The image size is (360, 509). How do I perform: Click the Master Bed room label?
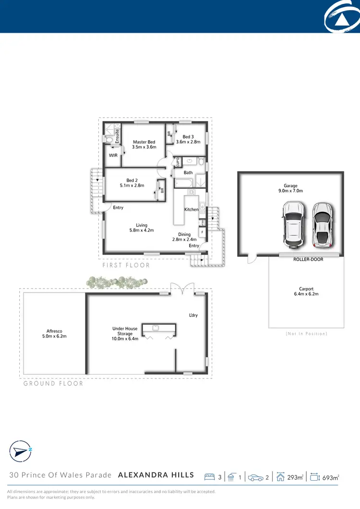(x=144, y=142)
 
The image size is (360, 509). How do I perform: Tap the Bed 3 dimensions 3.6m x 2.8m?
(x=188, y=142)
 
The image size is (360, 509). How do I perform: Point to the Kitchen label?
(x=191, y=210)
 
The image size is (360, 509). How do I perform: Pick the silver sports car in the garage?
(x=322, y=223)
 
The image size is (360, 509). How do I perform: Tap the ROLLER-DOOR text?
(x=308, y=259)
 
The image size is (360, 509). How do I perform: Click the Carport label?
(x=306, y=289)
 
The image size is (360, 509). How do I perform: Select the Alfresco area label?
(x=54, y=331)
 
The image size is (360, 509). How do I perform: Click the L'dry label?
(x=193, y=315)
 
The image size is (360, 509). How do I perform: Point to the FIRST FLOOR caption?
(x=126, y=265)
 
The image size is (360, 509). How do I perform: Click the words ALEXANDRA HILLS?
(x=156, y=475)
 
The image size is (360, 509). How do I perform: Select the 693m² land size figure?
(x=330, y=477)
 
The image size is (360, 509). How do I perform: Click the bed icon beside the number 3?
(x=209, y=477)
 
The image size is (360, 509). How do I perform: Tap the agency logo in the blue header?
(x=342, y=18)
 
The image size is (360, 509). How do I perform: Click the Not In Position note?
(x=306, y=333)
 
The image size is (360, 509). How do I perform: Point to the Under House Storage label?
(x=125, y=334)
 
